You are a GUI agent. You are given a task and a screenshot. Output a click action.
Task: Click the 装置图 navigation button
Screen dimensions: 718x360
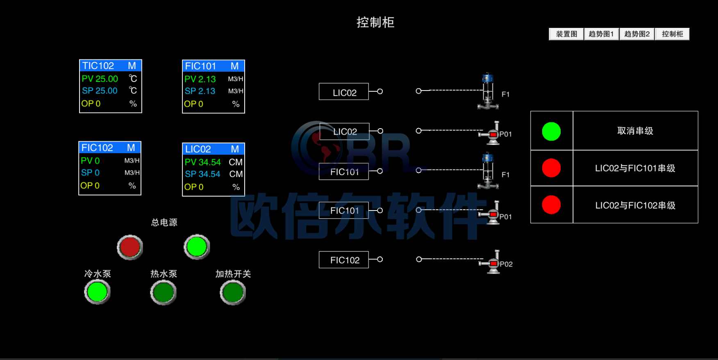[566, 34]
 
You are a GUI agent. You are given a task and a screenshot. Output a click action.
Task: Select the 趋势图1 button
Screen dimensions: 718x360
[601, 34]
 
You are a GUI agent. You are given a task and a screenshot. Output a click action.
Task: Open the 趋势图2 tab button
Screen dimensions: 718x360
[637, 34]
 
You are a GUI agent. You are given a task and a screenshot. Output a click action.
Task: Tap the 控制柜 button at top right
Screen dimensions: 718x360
[672, 34]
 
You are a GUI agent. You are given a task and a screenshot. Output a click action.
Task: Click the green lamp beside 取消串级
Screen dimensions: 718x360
[551, 131]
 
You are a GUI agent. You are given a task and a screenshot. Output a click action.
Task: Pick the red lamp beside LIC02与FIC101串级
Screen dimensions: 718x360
[551, 168]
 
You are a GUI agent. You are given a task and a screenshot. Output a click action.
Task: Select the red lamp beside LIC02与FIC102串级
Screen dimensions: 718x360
[551, 205]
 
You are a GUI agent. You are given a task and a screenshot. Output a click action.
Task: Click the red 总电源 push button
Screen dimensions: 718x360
[130, 247]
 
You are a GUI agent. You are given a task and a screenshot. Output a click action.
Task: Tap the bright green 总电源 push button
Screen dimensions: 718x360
[197, 247]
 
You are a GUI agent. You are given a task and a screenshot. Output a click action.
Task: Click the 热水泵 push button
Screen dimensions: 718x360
[163, 293]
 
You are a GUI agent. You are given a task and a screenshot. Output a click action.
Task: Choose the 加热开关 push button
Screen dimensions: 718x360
[233, 293]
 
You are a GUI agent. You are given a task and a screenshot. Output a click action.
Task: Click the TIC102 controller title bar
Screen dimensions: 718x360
[111, 66]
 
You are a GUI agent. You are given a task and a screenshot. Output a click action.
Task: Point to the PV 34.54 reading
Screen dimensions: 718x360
[202, 162]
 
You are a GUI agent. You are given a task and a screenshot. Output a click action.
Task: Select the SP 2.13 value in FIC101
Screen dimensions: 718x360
[200, 91]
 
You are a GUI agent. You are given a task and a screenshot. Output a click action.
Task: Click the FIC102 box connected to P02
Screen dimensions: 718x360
[344, 260]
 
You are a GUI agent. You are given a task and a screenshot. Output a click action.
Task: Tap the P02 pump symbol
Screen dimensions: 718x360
[490, 262]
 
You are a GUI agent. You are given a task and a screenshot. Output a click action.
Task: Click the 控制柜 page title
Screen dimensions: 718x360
[375, 22]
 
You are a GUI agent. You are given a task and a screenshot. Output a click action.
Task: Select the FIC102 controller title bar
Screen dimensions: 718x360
[110, 147]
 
